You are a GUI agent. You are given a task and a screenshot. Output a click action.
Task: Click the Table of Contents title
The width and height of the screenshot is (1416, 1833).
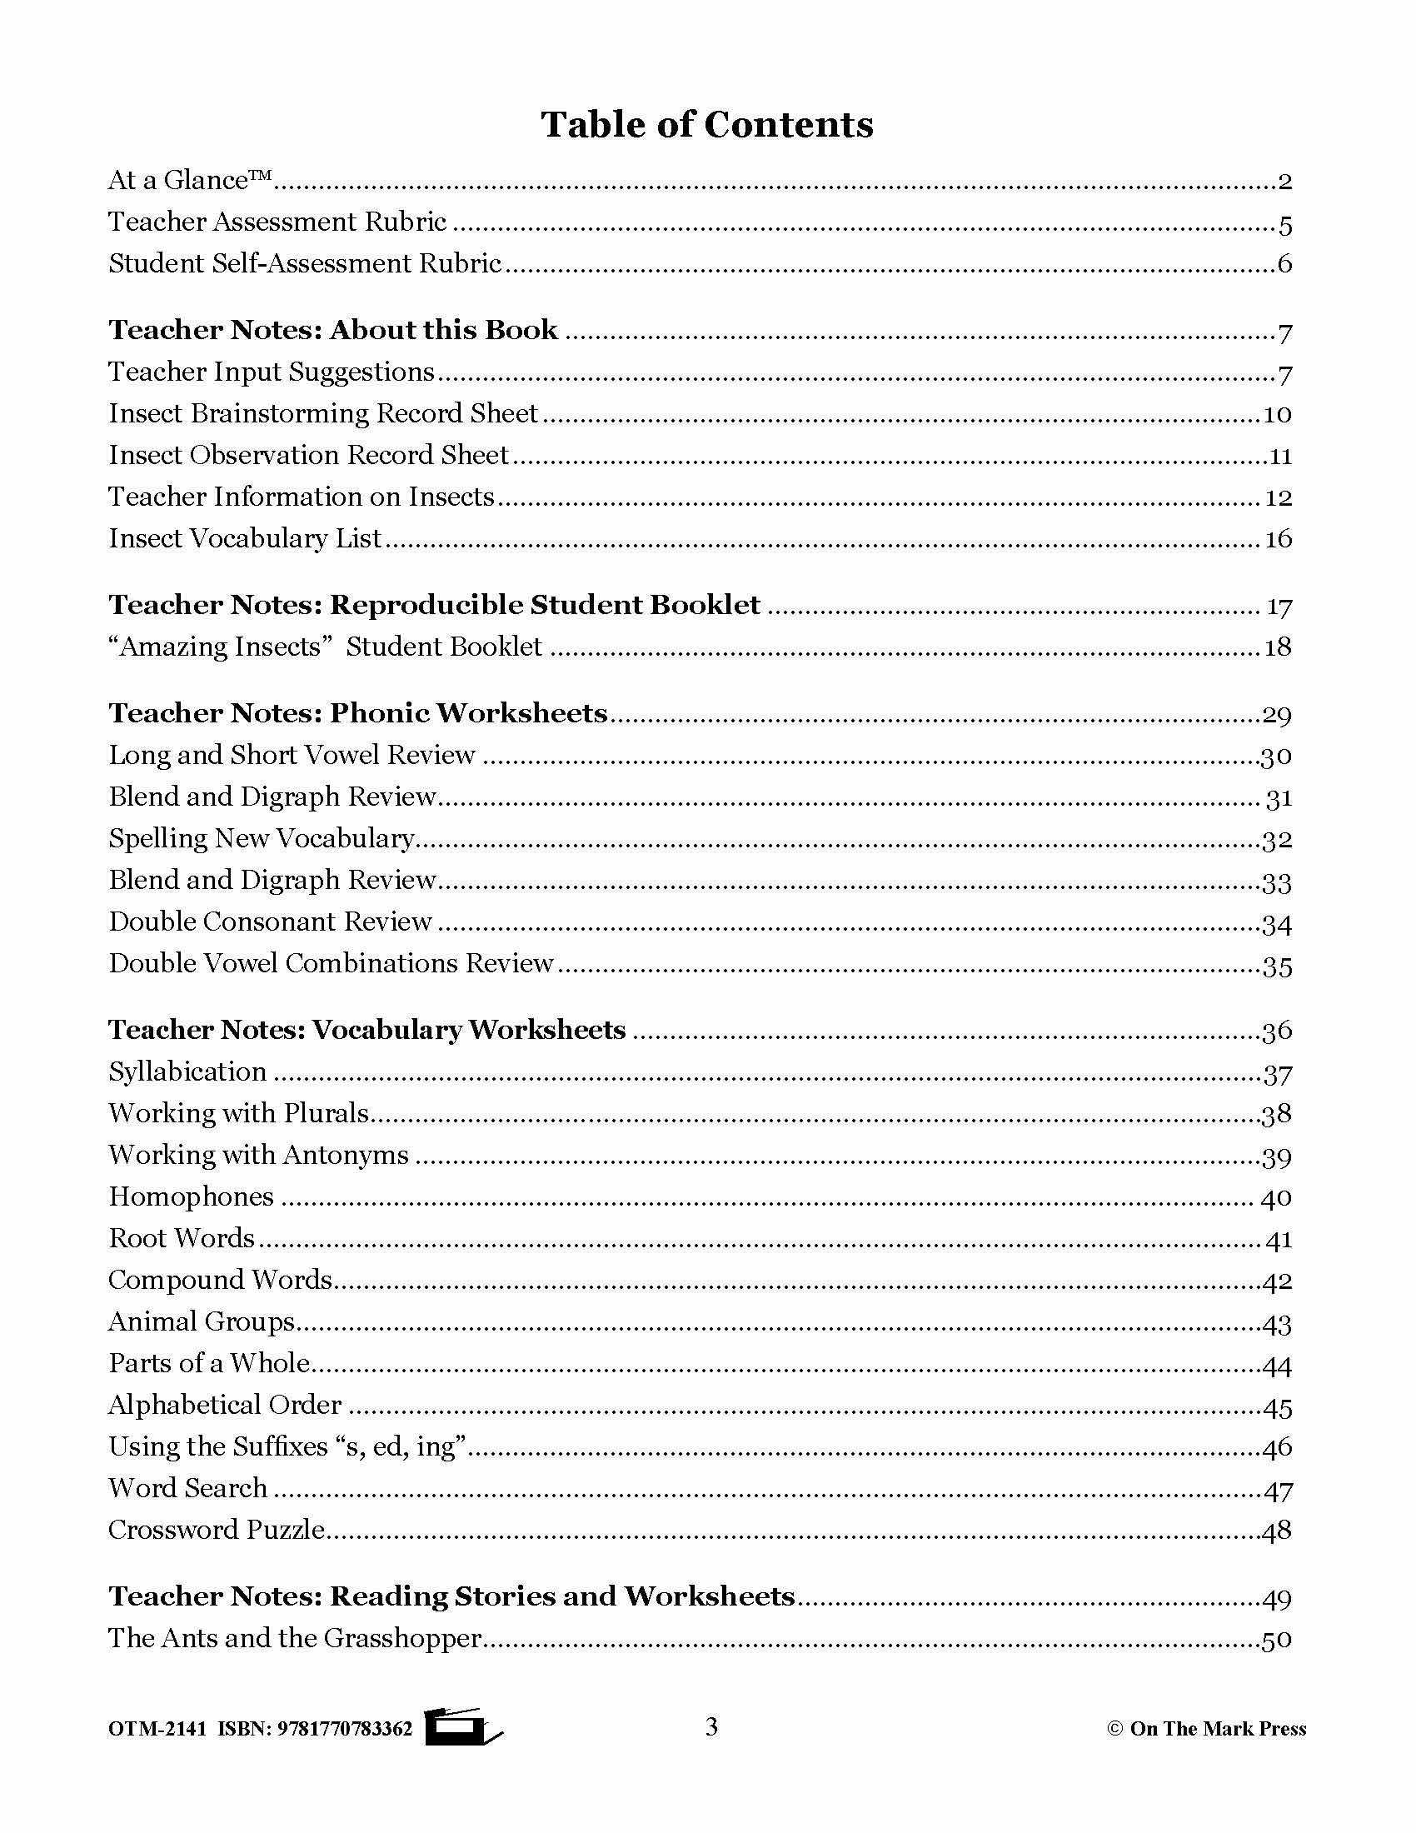tap(706, 124)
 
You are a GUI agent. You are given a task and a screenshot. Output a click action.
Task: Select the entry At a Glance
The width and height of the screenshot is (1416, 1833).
tap(190, 181)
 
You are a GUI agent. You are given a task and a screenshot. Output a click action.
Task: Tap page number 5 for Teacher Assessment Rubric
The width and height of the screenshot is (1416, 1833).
tap(1284, 224)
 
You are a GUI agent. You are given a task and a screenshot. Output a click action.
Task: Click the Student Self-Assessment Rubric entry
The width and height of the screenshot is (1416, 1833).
tap(305, 264)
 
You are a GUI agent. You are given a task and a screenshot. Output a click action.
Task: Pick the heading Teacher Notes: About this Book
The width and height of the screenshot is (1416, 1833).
tap(332, 330)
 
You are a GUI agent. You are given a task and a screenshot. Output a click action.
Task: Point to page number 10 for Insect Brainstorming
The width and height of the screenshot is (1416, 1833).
tap(1277, 415)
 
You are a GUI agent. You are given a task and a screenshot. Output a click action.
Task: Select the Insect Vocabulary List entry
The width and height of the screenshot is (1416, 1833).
tap(245, 539)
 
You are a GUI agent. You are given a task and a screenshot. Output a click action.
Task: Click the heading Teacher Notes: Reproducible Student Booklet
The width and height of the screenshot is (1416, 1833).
tap(434, 605)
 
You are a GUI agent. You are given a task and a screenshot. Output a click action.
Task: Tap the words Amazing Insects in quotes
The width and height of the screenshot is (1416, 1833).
tap(220, 647)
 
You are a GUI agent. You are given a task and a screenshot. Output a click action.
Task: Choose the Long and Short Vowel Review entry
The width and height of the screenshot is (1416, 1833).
tap(292, 756)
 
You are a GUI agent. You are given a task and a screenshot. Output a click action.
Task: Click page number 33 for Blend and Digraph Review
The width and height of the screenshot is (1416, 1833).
tap(1277, 882)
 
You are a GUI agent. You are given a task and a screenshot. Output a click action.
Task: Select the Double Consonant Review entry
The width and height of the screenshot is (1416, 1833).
tap(270, 922)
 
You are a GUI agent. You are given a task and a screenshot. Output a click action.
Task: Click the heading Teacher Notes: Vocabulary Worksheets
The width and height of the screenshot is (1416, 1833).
tap(366, 1030)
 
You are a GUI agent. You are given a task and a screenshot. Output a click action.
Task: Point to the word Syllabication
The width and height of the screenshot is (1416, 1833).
tap(188, 1072)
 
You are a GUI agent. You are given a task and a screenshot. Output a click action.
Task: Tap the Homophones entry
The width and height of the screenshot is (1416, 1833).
tap(192, 1196)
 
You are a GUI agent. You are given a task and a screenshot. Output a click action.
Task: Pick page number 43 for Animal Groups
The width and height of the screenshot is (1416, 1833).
tap(1277, 1325)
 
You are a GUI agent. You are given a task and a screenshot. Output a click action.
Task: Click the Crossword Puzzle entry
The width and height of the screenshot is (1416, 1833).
tap(217, 1530)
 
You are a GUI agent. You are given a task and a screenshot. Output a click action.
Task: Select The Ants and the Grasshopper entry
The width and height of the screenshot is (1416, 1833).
tap(294, 1638)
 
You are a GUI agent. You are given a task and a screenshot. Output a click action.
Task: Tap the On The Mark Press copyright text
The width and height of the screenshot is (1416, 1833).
tap(1206, 1729)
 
